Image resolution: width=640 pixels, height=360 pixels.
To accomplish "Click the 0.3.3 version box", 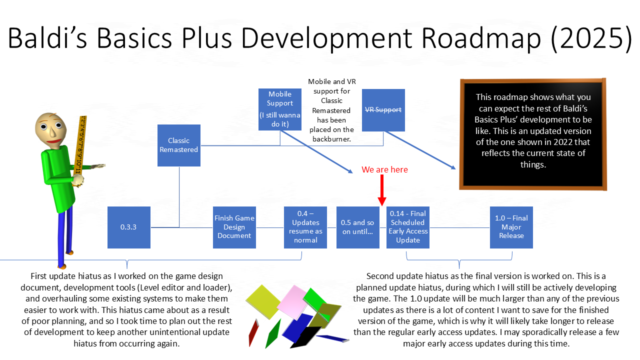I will tap(128, 227).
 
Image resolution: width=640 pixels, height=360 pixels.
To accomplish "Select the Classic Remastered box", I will tap(179, 145).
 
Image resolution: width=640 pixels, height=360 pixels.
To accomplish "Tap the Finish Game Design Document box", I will tap(234, 227).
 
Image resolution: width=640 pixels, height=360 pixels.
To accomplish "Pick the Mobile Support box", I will tap(280, 109).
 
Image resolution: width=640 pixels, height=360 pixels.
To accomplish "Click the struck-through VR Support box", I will tap(383, 110).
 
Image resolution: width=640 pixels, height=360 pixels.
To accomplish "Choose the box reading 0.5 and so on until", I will tap(357, 227).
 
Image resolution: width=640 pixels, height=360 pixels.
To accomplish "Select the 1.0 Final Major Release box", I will tap(511, 227).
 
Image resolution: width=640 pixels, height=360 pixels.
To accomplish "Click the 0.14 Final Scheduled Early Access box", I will tap(407, 227).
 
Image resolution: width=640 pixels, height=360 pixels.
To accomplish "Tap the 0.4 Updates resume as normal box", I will tap(305, 227).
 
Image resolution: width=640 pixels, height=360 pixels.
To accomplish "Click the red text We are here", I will tap(384, 170).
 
